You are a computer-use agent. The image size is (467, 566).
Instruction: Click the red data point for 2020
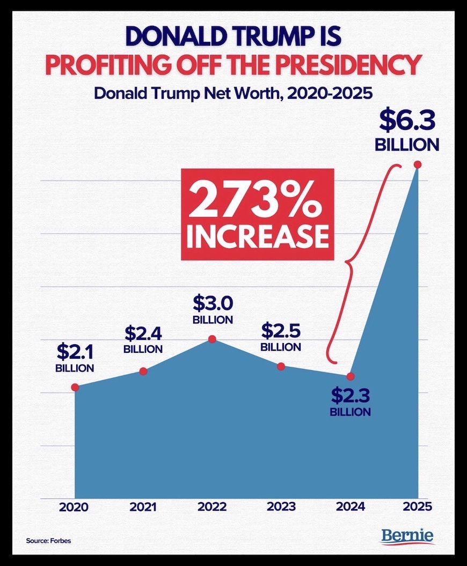tap(75, 387)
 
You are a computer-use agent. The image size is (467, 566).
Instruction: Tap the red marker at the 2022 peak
tap(212, 339)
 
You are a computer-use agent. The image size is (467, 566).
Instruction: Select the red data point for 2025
tap(417, 165)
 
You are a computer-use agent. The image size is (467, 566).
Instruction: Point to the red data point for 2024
tap(351, 376)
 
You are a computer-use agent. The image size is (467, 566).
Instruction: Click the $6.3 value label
tap(407, 121)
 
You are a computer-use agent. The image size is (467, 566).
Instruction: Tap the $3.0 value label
tap(213, 303)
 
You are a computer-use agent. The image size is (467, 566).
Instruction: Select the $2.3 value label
tap(350, 396)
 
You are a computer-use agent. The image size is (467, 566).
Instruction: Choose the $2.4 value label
tap(143, 333)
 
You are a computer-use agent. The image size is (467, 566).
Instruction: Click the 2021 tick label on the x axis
tap(143, 506)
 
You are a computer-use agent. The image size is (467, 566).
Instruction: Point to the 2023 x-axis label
tap(281, 506)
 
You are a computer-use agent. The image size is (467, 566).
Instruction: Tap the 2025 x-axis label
tap(417, 506)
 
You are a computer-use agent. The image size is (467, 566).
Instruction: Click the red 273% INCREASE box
tap(257, 214)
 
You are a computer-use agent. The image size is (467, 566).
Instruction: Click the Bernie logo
tap(408, 536)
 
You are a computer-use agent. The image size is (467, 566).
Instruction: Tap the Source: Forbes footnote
tap(48, 540)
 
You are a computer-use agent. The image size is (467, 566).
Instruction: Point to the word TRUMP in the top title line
tap(252, 37)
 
